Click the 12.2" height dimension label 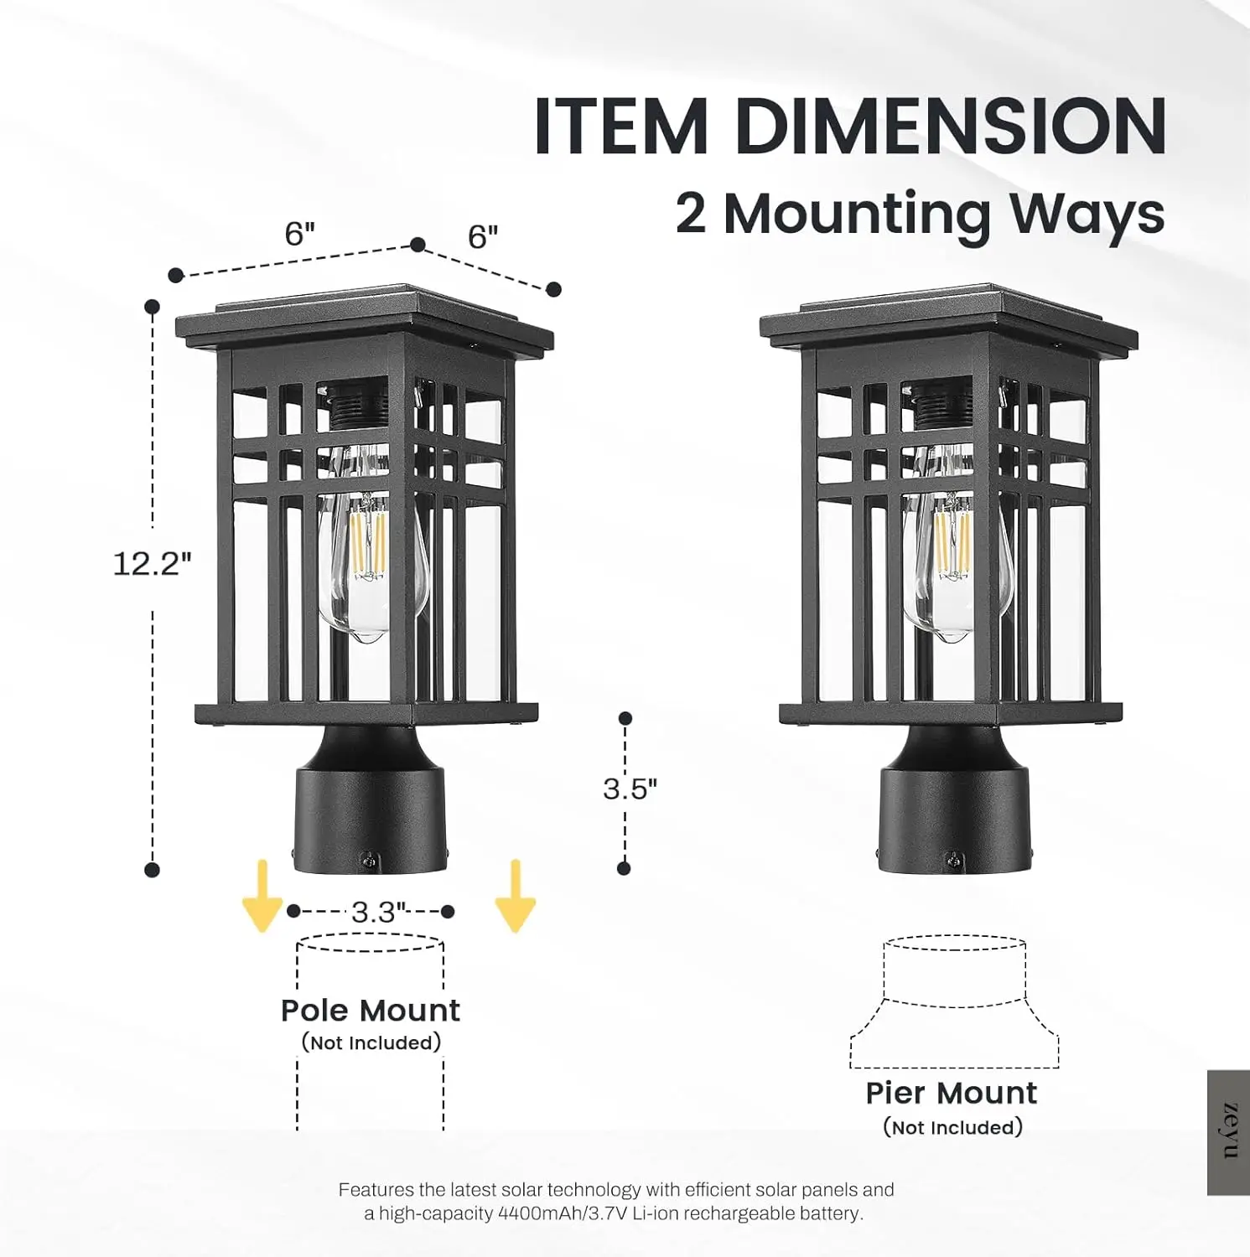point(152,563)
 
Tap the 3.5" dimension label point(630,789)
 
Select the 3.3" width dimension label point(378,912)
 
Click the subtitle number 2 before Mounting point(690,214)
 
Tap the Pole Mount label point(370,1011)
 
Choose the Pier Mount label point(951,1094)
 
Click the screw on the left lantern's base point(367,859)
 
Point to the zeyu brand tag point(1229,1131)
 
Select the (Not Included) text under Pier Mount point(952,1128)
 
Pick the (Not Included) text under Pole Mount point(371,1043)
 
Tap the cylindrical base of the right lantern point(954,817)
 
